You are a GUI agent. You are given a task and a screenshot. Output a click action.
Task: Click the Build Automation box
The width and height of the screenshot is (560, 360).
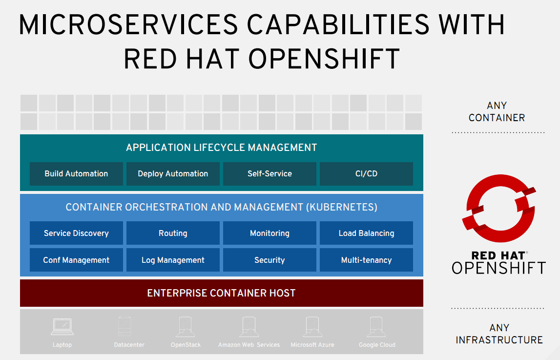(x=76, y=173)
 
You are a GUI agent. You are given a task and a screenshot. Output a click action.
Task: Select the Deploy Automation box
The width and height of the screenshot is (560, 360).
(x=173, y=173)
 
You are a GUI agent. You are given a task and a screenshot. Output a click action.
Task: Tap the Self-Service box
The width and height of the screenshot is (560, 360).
(x=270, y=173)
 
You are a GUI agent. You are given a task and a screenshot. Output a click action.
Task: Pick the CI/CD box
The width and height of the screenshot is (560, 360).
(x=367, y=173)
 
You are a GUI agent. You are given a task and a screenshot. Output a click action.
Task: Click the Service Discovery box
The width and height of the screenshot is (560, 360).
(x=76, y=233)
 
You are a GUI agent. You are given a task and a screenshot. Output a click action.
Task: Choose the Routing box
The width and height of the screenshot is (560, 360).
(x=173, y=233)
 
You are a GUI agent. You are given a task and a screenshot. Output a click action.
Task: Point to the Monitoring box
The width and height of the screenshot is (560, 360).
(x=270, y=233)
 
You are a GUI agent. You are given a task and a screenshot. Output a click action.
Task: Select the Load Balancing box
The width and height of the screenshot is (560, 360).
(x=367, y=233)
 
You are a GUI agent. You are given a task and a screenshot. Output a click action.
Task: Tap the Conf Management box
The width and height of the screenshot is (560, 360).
(x=76, y=260)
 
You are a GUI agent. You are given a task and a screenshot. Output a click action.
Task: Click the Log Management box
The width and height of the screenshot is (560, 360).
(x=173, y=260)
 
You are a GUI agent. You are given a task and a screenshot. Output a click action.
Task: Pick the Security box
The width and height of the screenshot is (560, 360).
(x=270, y=260)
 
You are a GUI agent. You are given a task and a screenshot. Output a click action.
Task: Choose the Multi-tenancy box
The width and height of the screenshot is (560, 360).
(x=367, y=260)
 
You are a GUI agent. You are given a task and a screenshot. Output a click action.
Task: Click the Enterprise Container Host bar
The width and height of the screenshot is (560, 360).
(x=222, y=293)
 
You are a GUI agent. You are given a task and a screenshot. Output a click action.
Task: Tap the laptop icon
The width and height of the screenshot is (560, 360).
(x=62, y=326)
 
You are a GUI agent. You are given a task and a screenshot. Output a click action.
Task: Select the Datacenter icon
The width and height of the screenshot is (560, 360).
(x=124, y=326)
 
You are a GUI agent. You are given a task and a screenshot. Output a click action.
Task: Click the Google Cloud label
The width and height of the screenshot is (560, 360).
(x=377, y=345)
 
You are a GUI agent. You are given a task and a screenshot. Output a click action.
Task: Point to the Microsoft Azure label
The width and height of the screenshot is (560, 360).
(x=312, y=345)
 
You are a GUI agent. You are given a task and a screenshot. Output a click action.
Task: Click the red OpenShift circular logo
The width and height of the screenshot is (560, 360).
(x=499, y=208)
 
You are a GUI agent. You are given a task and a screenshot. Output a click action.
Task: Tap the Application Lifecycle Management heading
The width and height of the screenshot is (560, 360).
(x=222, y=148)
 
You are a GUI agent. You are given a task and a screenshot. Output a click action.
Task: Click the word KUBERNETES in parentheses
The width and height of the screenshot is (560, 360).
(x=342, y=207)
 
